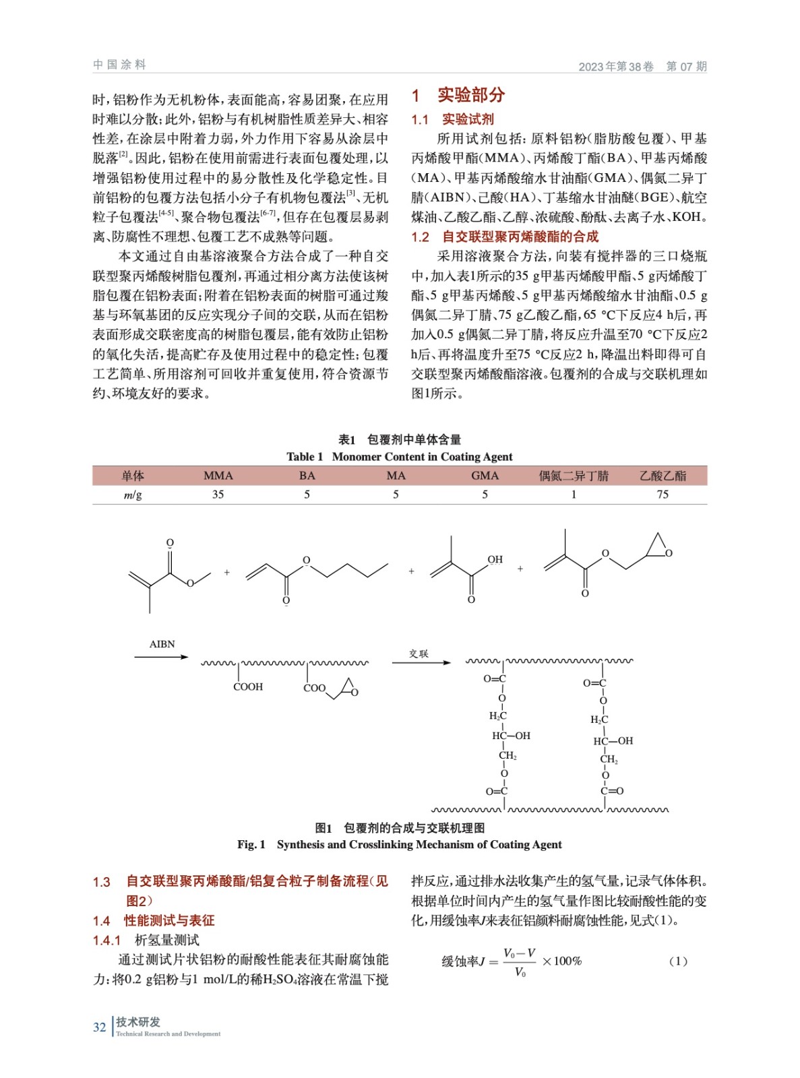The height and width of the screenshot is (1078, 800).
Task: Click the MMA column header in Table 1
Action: pyautogui.click(x=218, y=476)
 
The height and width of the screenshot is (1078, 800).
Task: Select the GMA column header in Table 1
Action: pyautogui.click(x=485, y=476)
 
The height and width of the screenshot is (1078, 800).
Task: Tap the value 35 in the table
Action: pyautogui.click(x=218, y=495)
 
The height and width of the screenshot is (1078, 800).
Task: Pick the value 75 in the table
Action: pyautogui.click(x=663, y=495)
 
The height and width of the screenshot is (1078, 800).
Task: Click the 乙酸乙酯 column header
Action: pyautogui.click(x=663, y=476)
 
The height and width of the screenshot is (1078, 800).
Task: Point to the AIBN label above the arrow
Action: pyautogui.click(x=162, y=644)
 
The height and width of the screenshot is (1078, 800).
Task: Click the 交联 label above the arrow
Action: pyautogui.click(x=419, y=654)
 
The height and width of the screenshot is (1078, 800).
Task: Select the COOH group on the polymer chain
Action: pyautogui.click(x=248, y=687)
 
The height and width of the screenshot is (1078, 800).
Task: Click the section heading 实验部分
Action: pyautogui.click(x=470, y=95)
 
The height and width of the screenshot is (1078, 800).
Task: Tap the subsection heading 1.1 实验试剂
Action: pyautogui.click(x=453, y=119)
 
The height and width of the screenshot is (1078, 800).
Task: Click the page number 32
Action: pyautogui.click(x=99, y=1027)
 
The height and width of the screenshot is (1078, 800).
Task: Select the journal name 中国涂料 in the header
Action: pyautogui.click(x=119, y=65)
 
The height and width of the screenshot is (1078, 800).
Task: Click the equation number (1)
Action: pyautogui.click(x=678, y=961)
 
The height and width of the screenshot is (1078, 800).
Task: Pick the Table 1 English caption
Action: pyautogui.click(x=400, y=457)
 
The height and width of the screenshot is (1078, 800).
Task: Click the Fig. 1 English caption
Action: pyautogui.click(x=399, y=845)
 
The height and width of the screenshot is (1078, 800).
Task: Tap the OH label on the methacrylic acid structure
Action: pyautogui.click(x=495, y=559)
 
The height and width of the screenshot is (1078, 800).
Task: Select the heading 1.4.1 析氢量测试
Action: pyautogui.click(x=146, y=940)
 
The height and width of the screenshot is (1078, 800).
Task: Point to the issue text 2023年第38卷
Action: pyautogui.click(x=616, y=66)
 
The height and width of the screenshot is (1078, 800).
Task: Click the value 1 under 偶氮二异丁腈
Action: pyautogui.click(x=574, y=495)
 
